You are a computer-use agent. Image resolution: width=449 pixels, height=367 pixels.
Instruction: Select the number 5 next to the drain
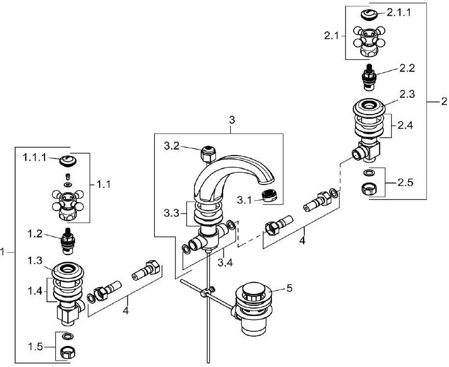pyautogui.click(x=290, y=288)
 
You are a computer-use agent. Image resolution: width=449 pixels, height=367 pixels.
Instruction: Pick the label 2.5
pyautogui.click(x=406, y=183)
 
